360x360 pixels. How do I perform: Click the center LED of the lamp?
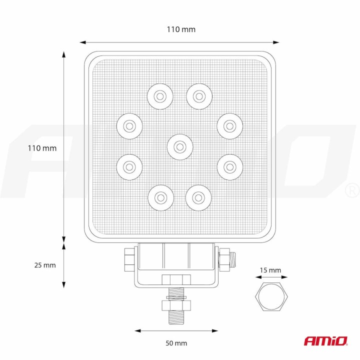179,146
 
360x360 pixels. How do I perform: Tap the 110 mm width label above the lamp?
180,29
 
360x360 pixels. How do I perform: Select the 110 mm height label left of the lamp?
42,148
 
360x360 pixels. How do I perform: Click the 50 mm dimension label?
176,343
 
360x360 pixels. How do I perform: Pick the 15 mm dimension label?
270,270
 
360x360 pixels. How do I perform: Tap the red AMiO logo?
325,341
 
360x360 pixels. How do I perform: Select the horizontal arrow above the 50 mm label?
176,330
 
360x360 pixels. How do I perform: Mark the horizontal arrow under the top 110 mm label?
179,42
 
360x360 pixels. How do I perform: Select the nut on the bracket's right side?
224,258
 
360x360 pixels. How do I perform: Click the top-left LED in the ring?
159,96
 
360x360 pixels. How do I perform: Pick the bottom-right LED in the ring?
198,197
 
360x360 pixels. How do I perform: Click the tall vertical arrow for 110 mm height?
64,145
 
